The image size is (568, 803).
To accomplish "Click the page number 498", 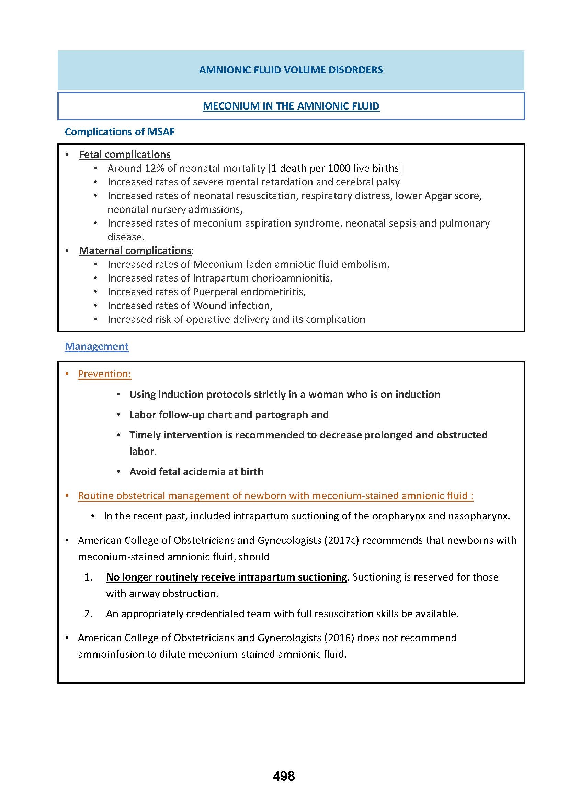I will click(284, 777).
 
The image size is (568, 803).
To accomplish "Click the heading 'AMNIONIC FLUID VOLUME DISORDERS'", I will click(291, 70).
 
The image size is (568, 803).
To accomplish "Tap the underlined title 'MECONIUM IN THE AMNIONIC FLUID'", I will click(291, 106).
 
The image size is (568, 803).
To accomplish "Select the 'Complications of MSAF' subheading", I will click(120, 132).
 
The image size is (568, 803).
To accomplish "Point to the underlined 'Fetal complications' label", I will click(125, 154).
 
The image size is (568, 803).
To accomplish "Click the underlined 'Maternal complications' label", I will click(135, 251).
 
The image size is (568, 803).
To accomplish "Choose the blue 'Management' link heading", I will click(96, 346).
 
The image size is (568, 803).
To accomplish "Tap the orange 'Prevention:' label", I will click(105, 374).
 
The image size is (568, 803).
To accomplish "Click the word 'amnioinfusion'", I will click(110, 654).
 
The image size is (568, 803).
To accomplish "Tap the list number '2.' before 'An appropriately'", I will click(89, 614).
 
